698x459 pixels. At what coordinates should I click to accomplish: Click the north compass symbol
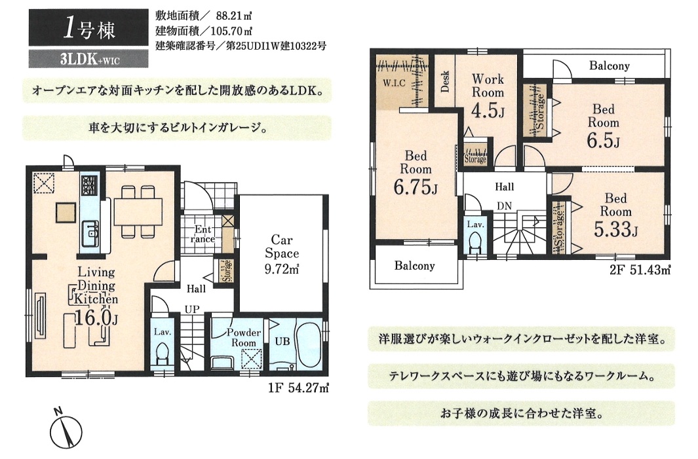coord(66,431)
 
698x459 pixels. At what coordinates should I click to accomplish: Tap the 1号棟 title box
coord(88,28)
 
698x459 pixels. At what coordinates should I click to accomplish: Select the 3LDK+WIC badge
coord(88,59)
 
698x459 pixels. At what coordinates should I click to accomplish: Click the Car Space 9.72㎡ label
coord(282,254)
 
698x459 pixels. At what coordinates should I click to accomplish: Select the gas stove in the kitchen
coord(89,184)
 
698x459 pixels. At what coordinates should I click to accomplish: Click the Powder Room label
coord(244,338)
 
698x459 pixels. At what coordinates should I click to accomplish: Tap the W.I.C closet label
coord(395,83)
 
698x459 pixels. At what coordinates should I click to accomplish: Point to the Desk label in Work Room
coord(445,82)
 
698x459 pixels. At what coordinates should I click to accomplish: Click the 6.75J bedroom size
coord(416,187)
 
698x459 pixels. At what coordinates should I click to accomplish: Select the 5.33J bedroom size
coord(616,229)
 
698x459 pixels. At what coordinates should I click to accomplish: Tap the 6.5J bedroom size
coord(603,141)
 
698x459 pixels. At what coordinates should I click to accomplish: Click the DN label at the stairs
coord(505,206)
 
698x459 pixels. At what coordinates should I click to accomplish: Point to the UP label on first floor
coord(192,309)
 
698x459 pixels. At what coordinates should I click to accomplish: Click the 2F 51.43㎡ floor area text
coord(640,270)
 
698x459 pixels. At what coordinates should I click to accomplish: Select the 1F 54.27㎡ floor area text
coord(298,388)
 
